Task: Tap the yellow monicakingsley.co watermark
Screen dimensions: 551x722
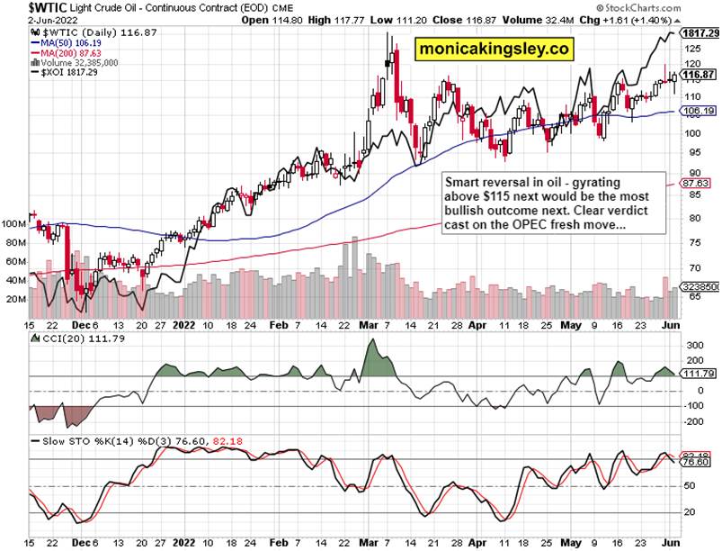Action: click(x=491, y=50)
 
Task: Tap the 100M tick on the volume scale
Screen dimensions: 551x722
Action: click(x=13, y=222)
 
